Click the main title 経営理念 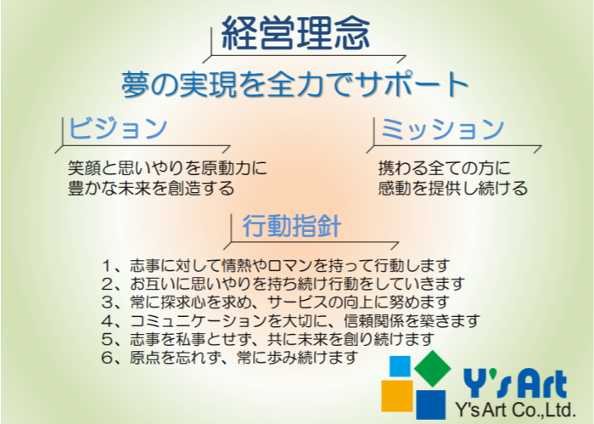[x=295, y=33]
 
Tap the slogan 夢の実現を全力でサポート [x=295, y=84]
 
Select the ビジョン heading [x=118, y=127]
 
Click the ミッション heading [x=442, y=128]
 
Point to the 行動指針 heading [x=292, y=226]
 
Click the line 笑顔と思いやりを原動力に [x=167, y=167]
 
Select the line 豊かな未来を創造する [x=151, y=188]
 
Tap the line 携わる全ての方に [x=445, y=167]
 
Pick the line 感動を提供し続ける [x=452, y=188]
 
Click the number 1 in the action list [x=107, y=266]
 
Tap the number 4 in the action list [x=107, y=321]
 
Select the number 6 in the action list [x=107, y=358]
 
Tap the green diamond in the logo [x=432, y=369]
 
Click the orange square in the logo [x=397, y=396]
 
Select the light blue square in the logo [x=400, y=366]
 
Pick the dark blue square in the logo [x=431, y=404]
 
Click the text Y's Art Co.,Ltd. [x=515, y=410]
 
